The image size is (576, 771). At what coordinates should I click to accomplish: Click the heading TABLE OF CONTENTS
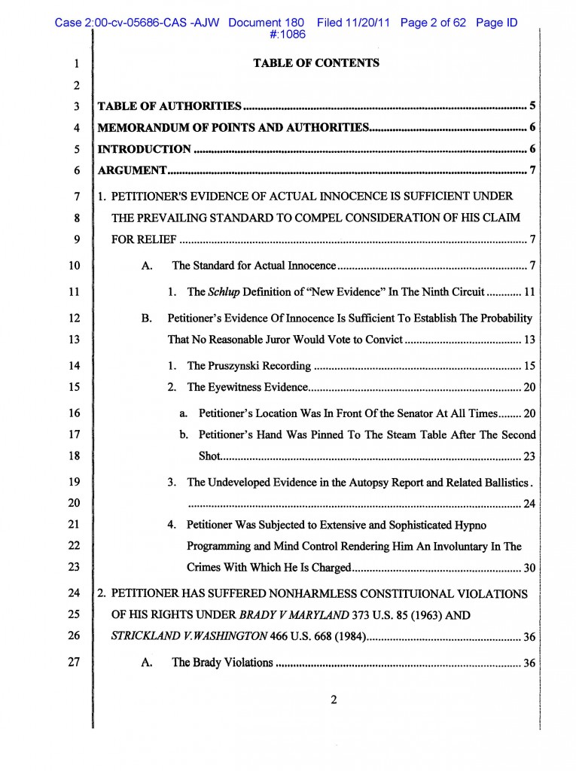[316, 63]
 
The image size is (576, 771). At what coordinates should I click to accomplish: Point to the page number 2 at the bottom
[334, 699]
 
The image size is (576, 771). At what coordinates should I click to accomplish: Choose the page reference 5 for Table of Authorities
[532, 106]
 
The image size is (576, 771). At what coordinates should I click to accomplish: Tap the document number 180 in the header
[294, 23]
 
